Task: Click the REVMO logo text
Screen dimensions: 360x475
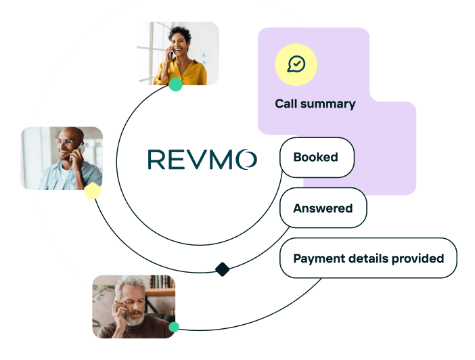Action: tap(202, 160)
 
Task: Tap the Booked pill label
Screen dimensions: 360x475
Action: tap(315, 157)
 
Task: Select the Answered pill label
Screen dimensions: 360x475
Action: tap(323, 208)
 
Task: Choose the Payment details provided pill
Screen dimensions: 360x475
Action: tap(368, 258)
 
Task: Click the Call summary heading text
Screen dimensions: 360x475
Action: tap(315, 104)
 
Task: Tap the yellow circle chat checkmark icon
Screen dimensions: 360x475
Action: tap(296, 64)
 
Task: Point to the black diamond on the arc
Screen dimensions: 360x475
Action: tap(222, 269)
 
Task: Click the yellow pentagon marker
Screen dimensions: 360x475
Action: tap(92, 191)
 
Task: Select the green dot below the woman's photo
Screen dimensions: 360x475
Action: tap(175, 85)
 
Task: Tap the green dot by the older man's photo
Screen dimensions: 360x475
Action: tap(174, 327)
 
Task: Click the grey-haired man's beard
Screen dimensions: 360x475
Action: tap(135, 318)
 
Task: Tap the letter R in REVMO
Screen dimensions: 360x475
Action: tap(156, 160)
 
